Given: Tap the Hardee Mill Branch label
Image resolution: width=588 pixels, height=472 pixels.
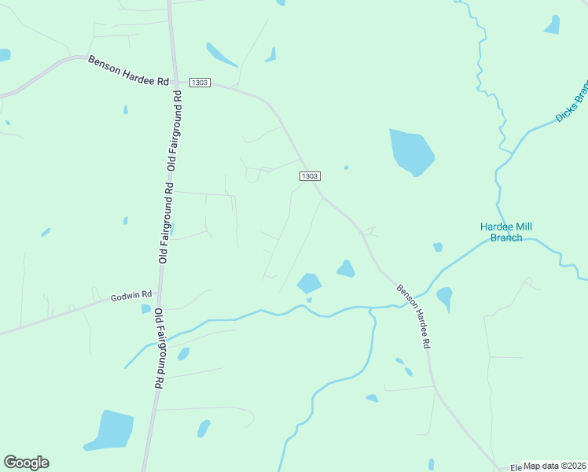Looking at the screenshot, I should tap(506, 232).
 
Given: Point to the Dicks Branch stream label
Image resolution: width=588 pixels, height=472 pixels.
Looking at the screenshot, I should tap(571, 103).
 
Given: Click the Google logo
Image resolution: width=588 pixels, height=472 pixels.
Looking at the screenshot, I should tap(26, 463).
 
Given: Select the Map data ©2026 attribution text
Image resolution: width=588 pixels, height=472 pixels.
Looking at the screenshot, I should tap(555, 466).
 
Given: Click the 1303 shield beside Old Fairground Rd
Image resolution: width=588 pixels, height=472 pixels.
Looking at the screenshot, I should tap(200, 83).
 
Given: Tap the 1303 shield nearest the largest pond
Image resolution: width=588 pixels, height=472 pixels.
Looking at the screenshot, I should tap(310, 176).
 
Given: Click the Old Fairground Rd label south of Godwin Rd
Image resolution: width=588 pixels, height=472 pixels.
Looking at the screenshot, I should tap(158, 348).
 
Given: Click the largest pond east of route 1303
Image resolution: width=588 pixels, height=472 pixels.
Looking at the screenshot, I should tap(411, 152).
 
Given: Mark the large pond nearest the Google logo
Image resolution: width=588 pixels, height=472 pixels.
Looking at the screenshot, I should tap(110, 430).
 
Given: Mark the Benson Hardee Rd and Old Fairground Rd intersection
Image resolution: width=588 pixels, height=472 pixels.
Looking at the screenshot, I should tap(172, 81).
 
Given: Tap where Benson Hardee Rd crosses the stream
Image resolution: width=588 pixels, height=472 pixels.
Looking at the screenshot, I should tap(406, 303).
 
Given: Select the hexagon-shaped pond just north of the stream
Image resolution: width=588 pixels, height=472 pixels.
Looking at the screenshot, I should tap(309, 283).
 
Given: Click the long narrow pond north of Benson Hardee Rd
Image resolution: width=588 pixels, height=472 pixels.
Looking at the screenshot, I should tap(221, 55).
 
